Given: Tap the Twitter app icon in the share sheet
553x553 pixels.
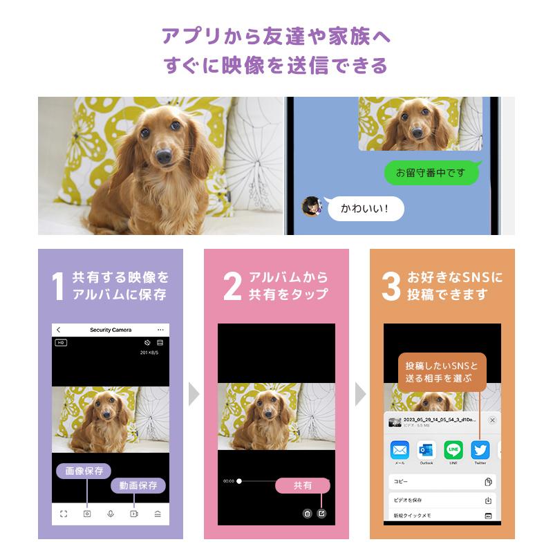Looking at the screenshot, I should click(x=480, y=450).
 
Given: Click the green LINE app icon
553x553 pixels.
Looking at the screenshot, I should click(x=453, y=450).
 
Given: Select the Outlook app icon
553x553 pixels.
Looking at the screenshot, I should click(x=426, y=450).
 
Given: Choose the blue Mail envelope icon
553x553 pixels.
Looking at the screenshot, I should click(x=400, y=450).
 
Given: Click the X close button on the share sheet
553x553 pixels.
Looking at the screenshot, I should click(x=492, y=420).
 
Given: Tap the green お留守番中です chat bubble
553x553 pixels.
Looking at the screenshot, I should click(x=431, y=172).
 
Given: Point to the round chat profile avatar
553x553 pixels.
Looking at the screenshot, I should click(x=312, y=206).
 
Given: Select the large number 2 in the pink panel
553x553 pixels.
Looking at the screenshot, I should click(x=232, y=287).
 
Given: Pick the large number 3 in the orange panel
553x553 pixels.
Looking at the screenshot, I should click(x=391, y=287).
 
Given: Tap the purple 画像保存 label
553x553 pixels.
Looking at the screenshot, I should click(x=84, y=471).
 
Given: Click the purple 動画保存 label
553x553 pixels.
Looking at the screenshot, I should click(x=138, y=485).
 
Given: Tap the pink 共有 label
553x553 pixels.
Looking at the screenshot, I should click(x=303, y=485).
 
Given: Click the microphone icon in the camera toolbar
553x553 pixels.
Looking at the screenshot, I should click(x=111, y=514).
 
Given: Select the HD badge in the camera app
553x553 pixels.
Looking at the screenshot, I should click(x=61, y=343).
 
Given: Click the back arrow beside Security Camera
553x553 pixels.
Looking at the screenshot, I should click(x=59, y=330).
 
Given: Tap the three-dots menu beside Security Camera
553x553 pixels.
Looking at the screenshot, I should click(x=160, y=330).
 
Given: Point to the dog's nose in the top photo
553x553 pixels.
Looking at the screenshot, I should click(x=164, y=158).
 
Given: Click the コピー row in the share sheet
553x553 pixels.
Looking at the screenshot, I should click(x=442, y=482).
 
